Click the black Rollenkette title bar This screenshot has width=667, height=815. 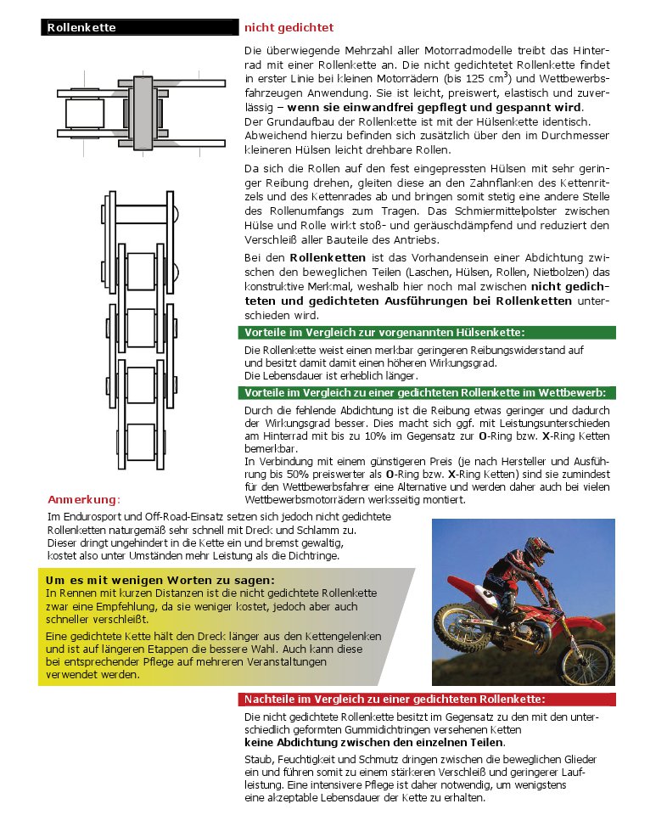[x=139, y=27]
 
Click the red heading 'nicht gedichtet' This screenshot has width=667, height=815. [x=289, y=27]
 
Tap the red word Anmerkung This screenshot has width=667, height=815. [x=84, y=498]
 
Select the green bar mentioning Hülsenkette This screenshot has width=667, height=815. [x=428, y=331]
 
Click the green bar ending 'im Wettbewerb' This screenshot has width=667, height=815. [x=428, y=393]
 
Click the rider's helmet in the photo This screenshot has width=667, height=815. [x=537, y=552]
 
